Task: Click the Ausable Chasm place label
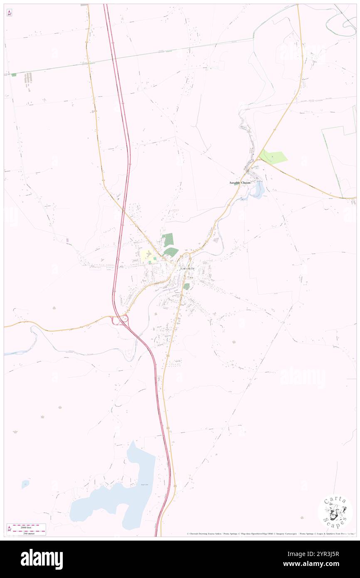point(240,183)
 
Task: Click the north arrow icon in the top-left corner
point(9,13)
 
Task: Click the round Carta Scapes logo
point(335,512)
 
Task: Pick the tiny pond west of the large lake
point(25,484)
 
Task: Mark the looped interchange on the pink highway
point(120,320)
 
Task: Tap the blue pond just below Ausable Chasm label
point(258,190)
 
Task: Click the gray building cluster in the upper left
point(28,78)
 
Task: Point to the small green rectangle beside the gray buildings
point(14,75)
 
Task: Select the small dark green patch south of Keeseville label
point(187,286)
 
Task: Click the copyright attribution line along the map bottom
point(270,534)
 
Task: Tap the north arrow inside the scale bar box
point(9,529)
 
